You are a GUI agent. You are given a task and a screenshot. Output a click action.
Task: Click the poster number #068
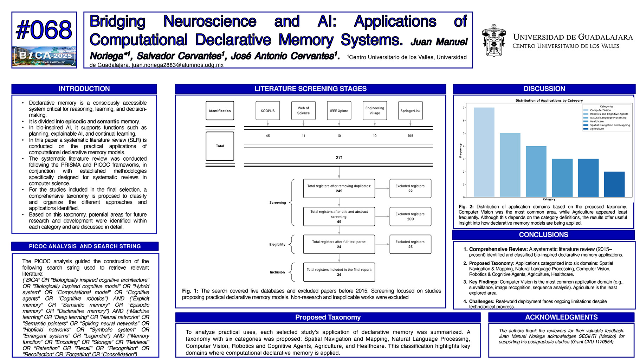point(44,30)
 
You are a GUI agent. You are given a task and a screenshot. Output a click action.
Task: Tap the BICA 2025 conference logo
point(44,56)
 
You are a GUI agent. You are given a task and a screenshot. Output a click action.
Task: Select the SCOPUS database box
point(268,111)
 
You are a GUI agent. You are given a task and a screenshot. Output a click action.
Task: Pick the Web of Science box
point(303,111)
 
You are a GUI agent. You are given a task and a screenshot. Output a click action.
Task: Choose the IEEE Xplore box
point(339,111)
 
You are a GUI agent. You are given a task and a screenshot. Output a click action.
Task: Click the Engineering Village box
point(375,111)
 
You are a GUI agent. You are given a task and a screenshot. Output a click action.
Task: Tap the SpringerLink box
point(410,111)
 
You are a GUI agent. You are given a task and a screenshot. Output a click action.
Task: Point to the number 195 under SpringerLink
point(410,136)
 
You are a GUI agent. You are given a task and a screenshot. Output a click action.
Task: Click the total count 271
point(339,157)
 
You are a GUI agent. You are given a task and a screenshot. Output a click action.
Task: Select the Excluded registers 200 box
point(410,217)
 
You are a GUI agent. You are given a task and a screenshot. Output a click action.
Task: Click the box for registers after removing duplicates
point(339,188)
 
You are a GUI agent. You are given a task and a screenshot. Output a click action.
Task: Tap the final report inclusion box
point(339,272)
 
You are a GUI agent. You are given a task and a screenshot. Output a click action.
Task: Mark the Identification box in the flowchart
point(220,111)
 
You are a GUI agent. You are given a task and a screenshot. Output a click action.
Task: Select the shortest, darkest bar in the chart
point(614,184)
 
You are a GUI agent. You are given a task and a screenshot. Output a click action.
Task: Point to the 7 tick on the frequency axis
point(464,108)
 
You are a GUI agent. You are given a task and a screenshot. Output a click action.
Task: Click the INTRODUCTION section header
point(84,89)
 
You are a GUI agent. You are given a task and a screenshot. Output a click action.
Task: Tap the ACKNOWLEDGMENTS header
point(561,317)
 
